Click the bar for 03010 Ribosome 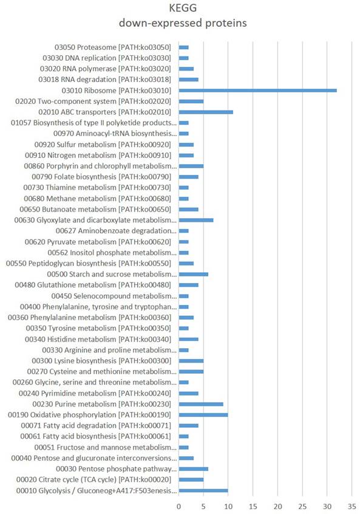coord(257,90)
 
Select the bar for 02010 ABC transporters coord(206,112)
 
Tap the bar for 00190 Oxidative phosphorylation coord(203,415)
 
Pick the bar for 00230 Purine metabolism coord(201,404)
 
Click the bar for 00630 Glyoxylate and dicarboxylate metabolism coord(196,220)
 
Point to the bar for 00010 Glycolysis coord(203,490)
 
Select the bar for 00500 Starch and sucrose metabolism coord(194,274)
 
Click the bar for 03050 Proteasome coord(184,47)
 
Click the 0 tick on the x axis coord(178,505)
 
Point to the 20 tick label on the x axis coord(277,505)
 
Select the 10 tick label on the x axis coord(228,505)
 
